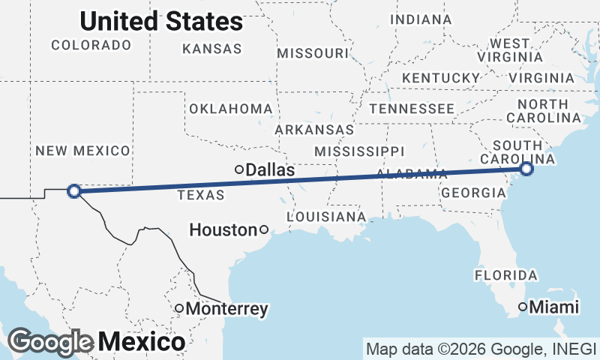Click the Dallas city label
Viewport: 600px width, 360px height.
[x=270, y=170]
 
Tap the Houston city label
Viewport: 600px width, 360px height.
[x=223, y=230]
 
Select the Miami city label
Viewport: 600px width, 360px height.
[x=554, y=307]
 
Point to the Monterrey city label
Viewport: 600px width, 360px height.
[x=226, y=308]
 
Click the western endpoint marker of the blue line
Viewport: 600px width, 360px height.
[x=74, y=191]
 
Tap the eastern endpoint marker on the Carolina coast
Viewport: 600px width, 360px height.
[x=526, y=169]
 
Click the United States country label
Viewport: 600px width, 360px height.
[x=161, y=22]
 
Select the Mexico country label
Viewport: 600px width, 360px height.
[x=141, y=343]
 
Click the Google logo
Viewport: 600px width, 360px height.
[x=51, y=342]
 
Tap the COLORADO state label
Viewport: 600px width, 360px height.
[x=91, y=45]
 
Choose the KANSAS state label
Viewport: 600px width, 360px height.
[x=212, y=49]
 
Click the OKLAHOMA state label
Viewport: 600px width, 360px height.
[x=229, y=109]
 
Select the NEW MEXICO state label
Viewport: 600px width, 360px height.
[x=82, y=151]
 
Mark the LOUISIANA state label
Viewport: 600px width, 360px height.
[x=327, y=217]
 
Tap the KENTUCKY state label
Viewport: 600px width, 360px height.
[x=440, y=78]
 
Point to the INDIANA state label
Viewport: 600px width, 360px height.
[x=421, y=19]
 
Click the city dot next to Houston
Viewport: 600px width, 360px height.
[x=264, y=230]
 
